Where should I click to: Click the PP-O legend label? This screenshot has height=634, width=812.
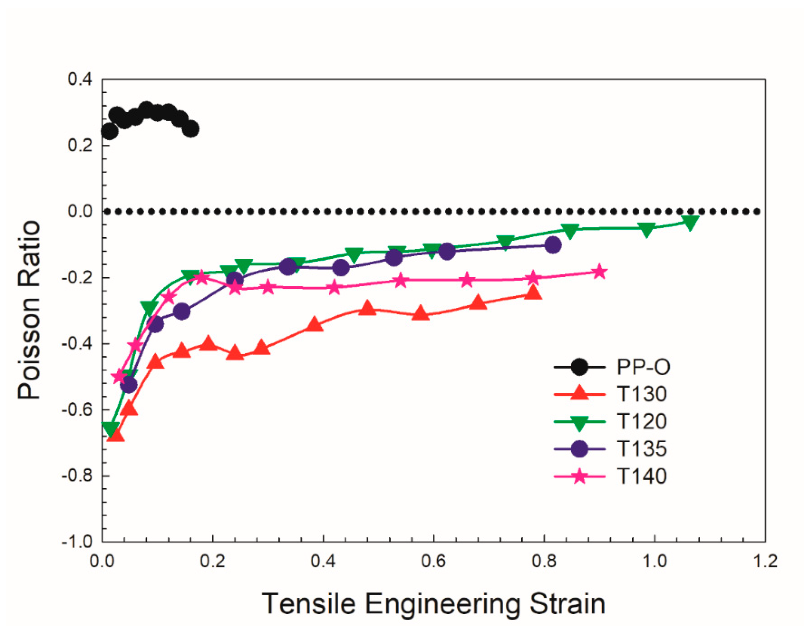click(x=643, y=367)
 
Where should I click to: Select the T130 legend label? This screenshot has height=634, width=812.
click(x=642, y=394)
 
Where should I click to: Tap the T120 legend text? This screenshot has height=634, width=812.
click(x=642, y=421)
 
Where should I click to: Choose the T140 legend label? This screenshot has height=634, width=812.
click(x=642, y=476)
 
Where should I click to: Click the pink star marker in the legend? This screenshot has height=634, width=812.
click(x=579, y=476)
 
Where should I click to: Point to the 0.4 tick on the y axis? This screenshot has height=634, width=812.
click(x=80, y=80)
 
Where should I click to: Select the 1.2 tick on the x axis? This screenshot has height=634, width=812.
click(x=765, y=561)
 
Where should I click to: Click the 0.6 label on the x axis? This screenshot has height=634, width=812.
click(x=434, y=561)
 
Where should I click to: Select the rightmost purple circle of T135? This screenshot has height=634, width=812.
click(x=552, y=245)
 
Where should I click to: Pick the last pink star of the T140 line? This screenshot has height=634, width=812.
click(x=599, y=272)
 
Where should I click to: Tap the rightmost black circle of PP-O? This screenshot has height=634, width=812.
click(x=191, y=129)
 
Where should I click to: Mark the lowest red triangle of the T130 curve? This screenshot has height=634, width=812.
click(x=115, y=435)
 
